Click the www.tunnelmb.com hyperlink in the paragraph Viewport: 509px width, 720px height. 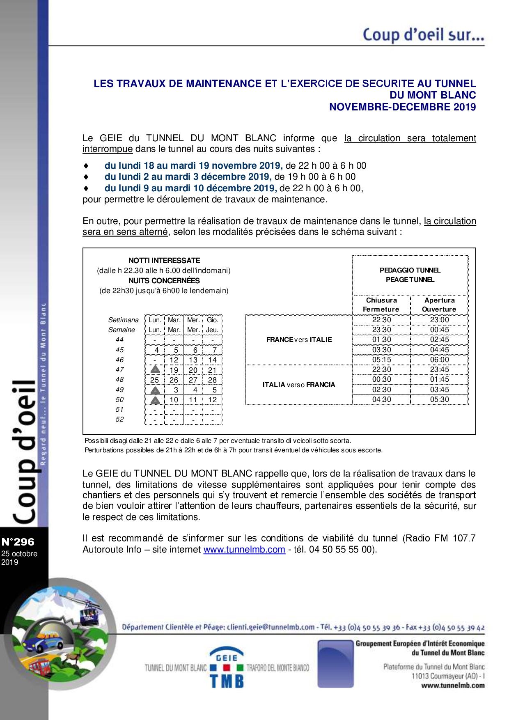pos(244,549)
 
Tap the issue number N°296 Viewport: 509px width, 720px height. pos(18,542)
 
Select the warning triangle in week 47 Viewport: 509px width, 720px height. pos(155,369)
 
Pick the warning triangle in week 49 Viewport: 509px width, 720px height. pos(155,390)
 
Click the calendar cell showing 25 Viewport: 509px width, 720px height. pos(154,380)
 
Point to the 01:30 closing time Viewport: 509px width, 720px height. pos(381,339)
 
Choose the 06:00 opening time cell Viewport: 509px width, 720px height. pos(439,360)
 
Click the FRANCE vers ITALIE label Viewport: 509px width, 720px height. pos(299,339)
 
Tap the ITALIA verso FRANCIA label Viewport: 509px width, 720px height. pos(299,385)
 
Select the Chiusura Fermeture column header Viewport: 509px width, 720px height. pos(381,305)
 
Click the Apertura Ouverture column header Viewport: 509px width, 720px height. pos(439,305)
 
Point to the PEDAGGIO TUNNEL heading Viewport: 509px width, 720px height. pos(410,270)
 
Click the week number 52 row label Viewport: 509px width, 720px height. pos(119,419)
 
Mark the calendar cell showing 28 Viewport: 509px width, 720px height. pos(212,380)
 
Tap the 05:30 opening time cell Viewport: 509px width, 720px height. pos(439,399)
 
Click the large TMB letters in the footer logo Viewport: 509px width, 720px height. pos(227,681)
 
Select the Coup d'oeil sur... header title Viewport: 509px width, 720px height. pos(423,34)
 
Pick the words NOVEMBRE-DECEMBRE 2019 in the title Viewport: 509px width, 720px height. pos(402,107)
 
